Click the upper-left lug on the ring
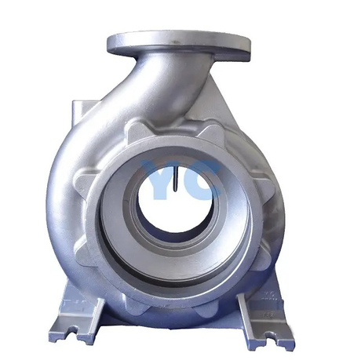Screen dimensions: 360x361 136,129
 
